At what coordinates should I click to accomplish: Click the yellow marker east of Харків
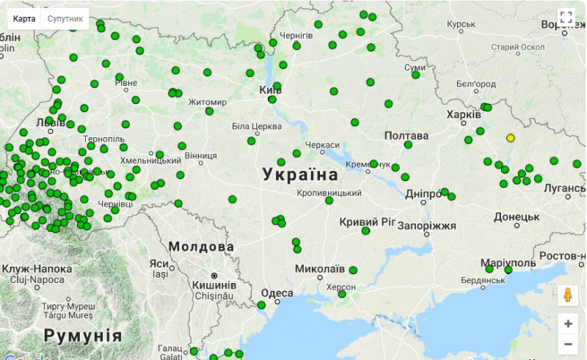(x=511, y=138)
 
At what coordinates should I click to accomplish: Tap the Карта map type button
(x=24, y=18)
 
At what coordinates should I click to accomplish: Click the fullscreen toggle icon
(x=566, y=18)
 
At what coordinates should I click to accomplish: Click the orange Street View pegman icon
(x=567, y=295)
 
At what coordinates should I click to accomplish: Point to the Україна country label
(x=301, y=175)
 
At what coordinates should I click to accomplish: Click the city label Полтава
(x=406, y=136)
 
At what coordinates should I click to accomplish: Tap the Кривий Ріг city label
(x=368, y=221)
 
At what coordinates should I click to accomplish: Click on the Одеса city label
(x=277, y=293)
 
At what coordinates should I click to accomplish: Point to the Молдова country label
(x=201, y=246)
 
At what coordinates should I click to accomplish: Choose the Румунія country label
(x=83, y=336)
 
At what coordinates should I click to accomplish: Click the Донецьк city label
(x=517, y=217)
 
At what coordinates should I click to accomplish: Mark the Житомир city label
(x=208, y=102)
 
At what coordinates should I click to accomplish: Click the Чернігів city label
(x=296, y=35)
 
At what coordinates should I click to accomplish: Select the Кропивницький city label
(x=329, y=192)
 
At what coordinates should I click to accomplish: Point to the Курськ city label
(x=462, y=24)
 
